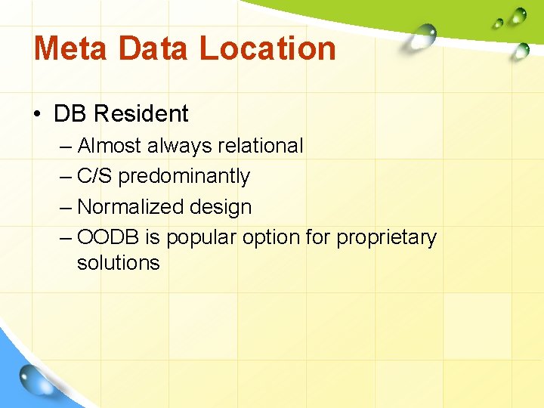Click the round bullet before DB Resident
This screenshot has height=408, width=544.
click(x=38, y=114)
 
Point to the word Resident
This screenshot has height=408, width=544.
click(x=141, y=114)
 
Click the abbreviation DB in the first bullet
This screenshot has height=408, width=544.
click(x=70, y=114)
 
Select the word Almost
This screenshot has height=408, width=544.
click(x=110, y=145)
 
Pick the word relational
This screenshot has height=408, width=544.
click(x=254, y=145)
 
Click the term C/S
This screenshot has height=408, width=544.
click(x=95, y=176)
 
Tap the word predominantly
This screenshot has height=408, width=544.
click(x=184, y=176)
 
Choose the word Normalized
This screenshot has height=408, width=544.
click(x=126, y=206)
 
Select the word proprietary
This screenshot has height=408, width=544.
click(x=386, y=238)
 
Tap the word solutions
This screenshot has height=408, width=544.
click(x=119, y=263)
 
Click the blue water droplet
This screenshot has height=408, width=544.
click(x=35, y=378)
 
